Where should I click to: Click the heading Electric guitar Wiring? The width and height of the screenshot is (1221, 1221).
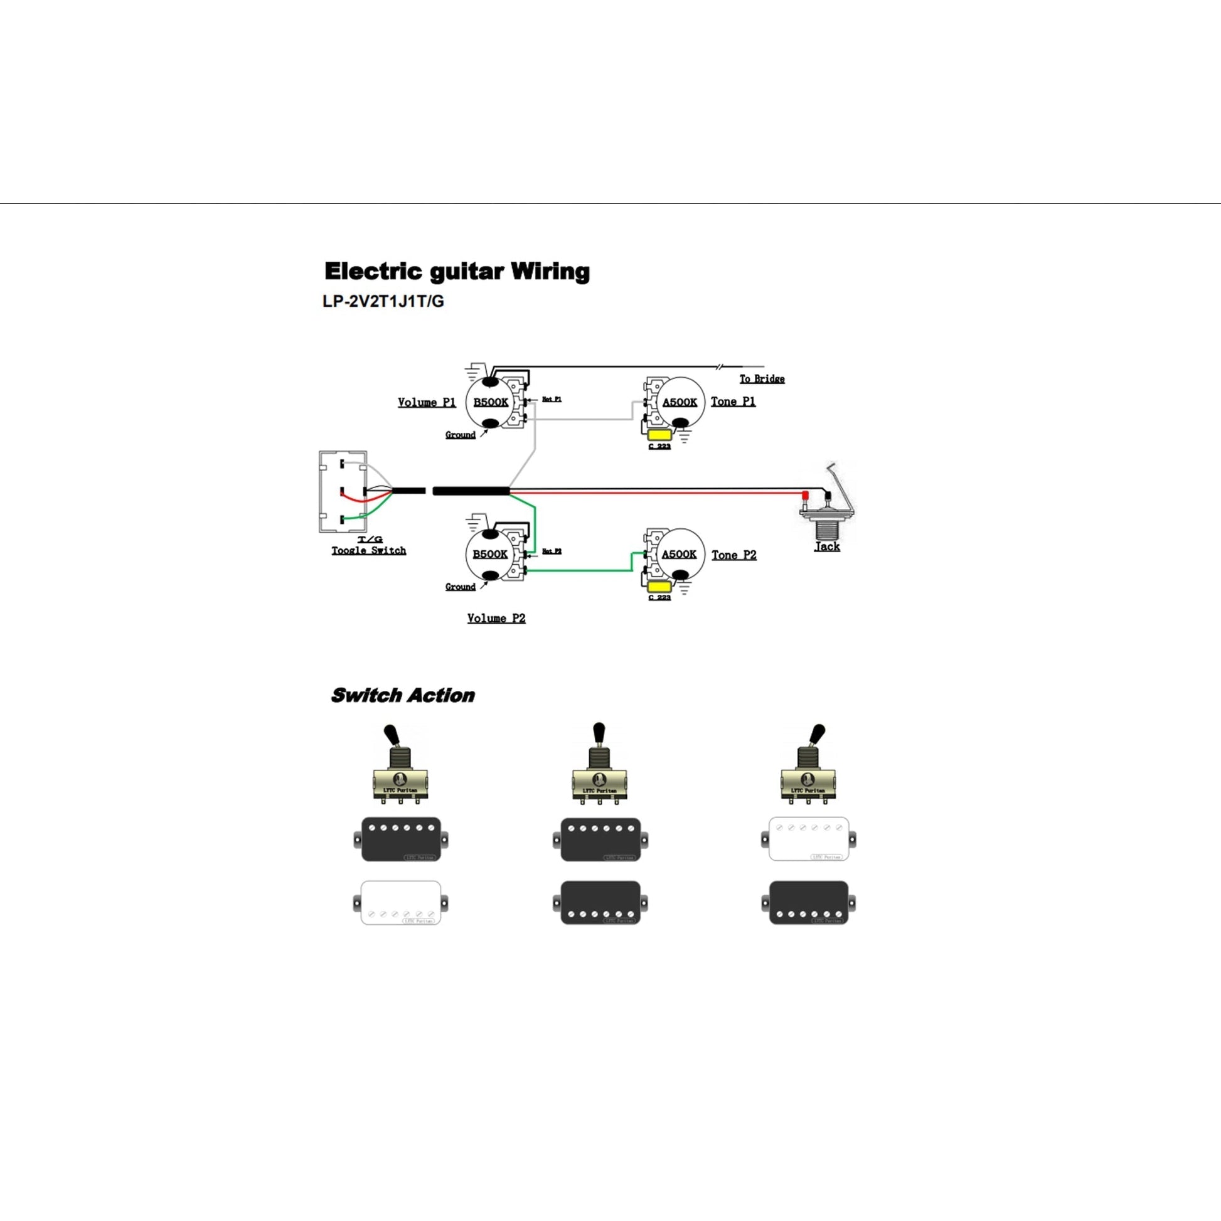[x=456, y=271]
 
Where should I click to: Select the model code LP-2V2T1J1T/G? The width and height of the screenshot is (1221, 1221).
[x=383, y=301]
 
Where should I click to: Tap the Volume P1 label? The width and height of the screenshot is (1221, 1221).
[x=427, y=403]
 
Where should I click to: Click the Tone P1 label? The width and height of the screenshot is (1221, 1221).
[x=732, y=402]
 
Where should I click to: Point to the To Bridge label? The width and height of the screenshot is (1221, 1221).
[x=762, y=379]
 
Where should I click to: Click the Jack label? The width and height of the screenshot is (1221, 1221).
[x=826, y=547]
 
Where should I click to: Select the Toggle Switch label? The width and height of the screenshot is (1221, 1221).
[x=368, y=550]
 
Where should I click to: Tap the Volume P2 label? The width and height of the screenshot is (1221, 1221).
[x=496, y=618]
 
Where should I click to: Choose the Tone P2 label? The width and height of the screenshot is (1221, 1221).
[x=733, y=555]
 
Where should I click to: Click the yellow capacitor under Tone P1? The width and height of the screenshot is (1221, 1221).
[x=659, y=435]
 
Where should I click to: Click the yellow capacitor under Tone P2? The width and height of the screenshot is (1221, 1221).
[x=659, y=587]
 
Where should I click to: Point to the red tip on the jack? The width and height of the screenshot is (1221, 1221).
[x=805, y=496]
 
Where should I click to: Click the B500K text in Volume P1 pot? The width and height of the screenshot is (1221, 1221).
[x=491, y=402]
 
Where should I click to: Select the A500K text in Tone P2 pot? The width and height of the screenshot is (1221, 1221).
[x=679, y=554]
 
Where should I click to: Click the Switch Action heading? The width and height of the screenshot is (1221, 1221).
[x=403, y=695]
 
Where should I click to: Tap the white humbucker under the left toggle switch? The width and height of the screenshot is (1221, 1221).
[x=401, y=902]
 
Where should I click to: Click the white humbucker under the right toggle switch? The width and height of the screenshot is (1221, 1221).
[x=808, y=839]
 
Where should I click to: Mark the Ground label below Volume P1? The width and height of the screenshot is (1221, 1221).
[x=460, y=435]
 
